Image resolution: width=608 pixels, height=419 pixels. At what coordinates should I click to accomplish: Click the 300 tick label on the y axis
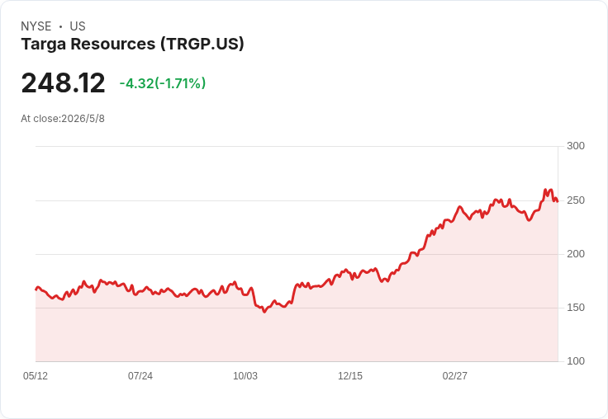click(576, 146)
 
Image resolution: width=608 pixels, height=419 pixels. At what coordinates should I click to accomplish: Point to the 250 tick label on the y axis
click(576, 200)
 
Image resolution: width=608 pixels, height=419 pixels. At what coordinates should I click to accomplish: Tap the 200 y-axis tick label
click(576, 254)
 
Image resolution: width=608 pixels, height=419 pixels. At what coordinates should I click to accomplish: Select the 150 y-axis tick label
click(576, 308)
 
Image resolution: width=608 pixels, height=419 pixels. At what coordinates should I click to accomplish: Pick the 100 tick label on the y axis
click(576, 361)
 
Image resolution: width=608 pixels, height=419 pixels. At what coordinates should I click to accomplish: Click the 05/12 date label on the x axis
click(36, 376)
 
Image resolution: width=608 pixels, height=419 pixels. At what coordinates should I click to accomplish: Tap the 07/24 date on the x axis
click(140, 376)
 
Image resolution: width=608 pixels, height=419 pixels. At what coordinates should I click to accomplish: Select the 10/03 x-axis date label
click(245, 376)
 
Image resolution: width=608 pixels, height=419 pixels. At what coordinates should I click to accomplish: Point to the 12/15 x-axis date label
click(350, 376)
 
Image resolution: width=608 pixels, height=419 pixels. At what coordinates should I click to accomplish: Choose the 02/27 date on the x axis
click(455, 376)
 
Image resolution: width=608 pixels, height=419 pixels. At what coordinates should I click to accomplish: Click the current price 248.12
click(63, 82)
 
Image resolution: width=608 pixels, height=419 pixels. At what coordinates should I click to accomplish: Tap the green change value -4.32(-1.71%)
click(163, 83)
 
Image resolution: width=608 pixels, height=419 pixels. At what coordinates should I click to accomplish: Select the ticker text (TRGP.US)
click(202, 44)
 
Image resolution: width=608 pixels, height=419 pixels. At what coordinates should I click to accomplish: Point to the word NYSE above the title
click(36, 26)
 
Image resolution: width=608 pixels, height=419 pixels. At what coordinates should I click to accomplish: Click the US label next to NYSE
click(78, 26)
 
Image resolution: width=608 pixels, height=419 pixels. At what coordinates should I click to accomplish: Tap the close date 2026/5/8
click(83, 119)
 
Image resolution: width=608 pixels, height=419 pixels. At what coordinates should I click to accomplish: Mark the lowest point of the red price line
click(264, 312)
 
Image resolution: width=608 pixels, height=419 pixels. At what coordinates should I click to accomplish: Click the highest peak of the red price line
click(545, 190)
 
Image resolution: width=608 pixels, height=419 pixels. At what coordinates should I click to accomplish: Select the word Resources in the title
click(113, 44)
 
